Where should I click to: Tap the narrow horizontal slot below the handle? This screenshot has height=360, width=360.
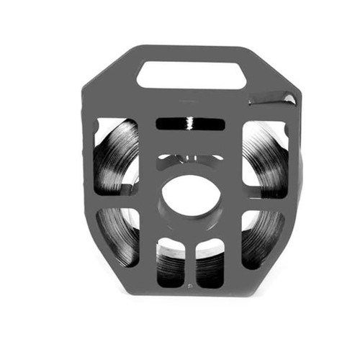190,123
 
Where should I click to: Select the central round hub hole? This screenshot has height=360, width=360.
190,197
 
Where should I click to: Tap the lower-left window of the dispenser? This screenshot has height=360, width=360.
119,234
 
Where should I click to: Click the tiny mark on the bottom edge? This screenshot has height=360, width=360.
189,286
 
